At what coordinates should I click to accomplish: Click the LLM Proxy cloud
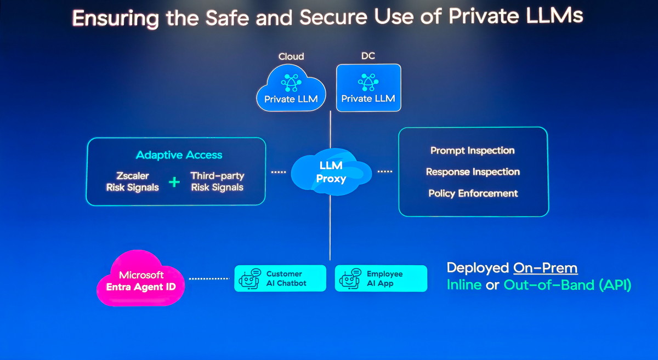click(331, 172)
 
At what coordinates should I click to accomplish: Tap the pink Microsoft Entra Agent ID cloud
click(141, 278)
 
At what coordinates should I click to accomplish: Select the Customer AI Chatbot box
click(280, 278)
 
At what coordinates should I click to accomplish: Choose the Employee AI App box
click(381, 278)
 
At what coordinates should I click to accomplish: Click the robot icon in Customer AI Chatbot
click(249, 279)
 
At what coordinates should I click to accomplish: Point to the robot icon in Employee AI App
click(350, 279)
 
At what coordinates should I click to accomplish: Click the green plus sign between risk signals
click(174, 182)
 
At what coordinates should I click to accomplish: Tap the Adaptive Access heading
click(179, 155)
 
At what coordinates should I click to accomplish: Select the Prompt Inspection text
click(472, 150)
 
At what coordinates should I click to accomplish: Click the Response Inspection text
click(473, 172)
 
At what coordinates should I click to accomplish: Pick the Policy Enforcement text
click(473, 193)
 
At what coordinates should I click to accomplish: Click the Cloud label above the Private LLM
click(291, 56)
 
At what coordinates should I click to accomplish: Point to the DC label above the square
click(368, 56)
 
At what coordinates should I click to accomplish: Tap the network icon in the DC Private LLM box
click(368, 82)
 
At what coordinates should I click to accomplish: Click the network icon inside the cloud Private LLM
click(291, 83)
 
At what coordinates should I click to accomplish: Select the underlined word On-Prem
click(546, 268)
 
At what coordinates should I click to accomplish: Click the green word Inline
click(464, 285)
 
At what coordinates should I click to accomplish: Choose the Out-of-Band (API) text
click(567, 285)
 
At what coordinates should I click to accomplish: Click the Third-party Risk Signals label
click(217, 181)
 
